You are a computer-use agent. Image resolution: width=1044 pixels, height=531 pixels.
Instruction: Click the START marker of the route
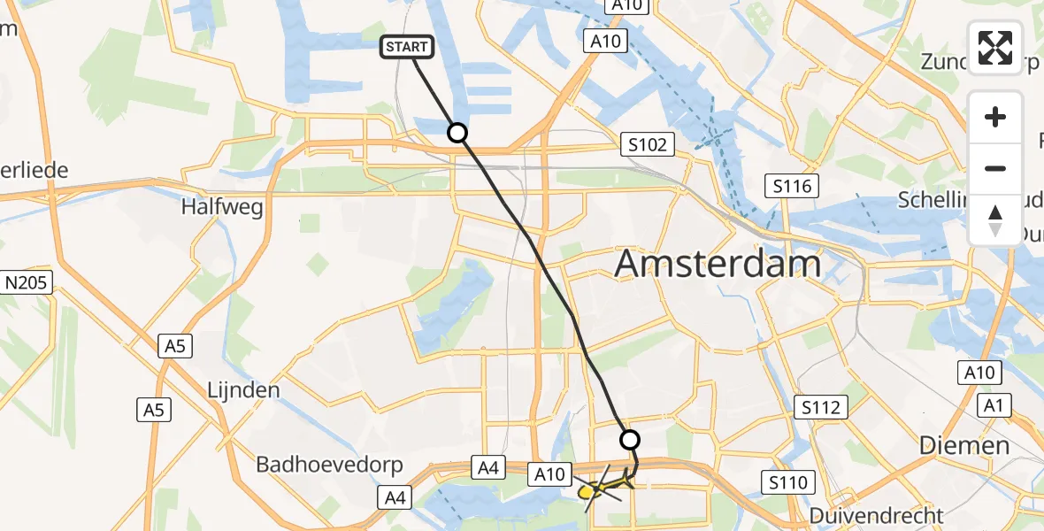407,48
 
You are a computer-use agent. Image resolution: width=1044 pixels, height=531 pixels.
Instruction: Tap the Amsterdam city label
718,264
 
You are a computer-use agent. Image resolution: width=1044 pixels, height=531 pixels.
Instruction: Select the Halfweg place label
222,208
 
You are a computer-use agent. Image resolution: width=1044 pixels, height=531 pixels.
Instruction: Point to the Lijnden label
242,389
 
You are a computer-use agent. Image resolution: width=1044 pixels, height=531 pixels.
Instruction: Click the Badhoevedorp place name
329,465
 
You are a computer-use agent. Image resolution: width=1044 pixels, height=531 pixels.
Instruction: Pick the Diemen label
964,445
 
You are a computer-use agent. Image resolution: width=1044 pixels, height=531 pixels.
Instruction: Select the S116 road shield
792,186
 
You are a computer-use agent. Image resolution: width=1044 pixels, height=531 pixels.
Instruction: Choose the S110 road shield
787,482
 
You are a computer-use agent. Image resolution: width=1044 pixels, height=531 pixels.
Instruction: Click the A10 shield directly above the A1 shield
979,373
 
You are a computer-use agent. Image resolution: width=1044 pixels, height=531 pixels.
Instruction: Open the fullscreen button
995,48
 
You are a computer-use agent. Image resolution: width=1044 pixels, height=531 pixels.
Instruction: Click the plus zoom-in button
995,117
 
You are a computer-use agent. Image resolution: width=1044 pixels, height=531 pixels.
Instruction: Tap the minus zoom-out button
995,168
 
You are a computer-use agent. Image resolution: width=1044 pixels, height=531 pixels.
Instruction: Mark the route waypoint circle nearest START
457,133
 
